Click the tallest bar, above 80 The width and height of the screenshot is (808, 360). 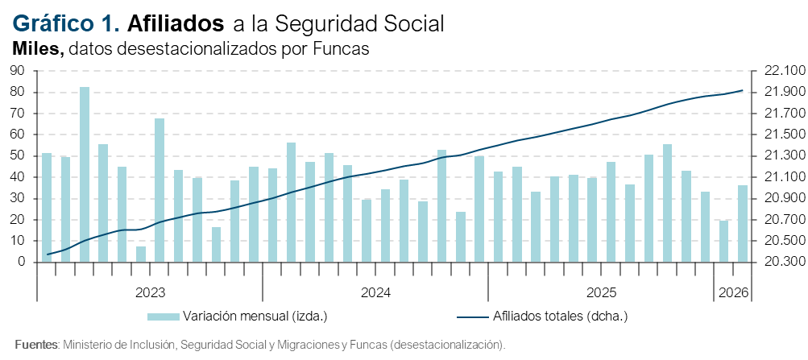[x=84, y=174]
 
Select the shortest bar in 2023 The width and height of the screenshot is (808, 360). [x=141, y=254]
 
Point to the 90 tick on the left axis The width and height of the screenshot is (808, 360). [x=18, y=71]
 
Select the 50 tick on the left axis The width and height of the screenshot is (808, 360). [x=18, y=156]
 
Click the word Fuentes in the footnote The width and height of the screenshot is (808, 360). [x=36, y=345]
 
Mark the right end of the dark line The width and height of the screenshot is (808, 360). [x=742, y=90]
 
